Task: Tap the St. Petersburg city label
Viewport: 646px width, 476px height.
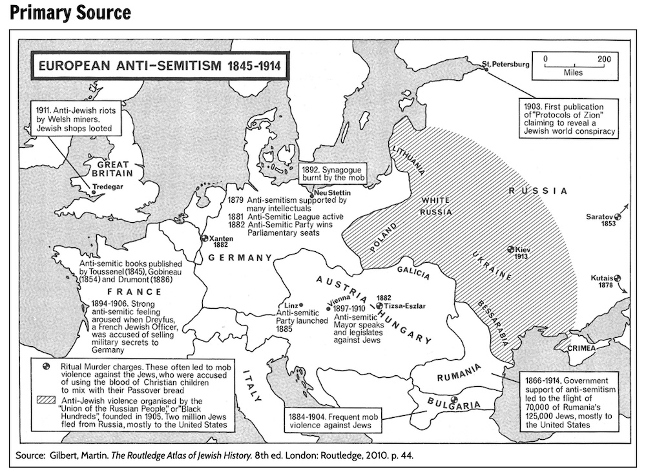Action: click(506, 65)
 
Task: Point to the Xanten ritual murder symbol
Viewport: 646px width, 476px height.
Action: click(205, 238)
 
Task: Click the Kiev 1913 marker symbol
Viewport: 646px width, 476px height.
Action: click(510, 249)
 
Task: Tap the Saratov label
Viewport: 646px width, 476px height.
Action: click(599, 216)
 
